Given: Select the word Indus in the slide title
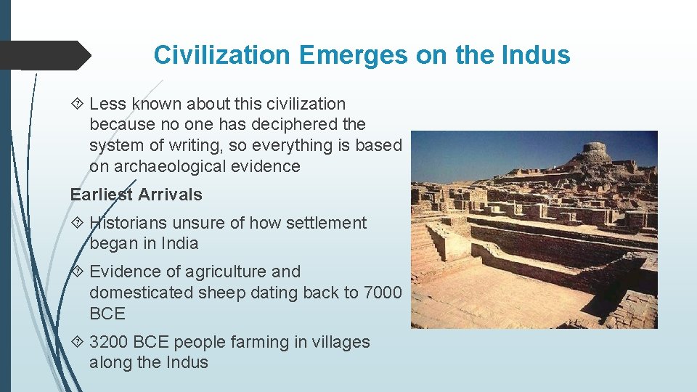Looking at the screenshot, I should coord(536,55).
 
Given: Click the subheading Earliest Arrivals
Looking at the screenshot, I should coord(136,195).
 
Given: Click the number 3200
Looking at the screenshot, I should coord(110,342).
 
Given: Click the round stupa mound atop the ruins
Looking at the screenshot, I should coord(594,153).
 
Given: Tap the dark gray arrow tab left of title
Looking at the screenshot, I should coord(44,55).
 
